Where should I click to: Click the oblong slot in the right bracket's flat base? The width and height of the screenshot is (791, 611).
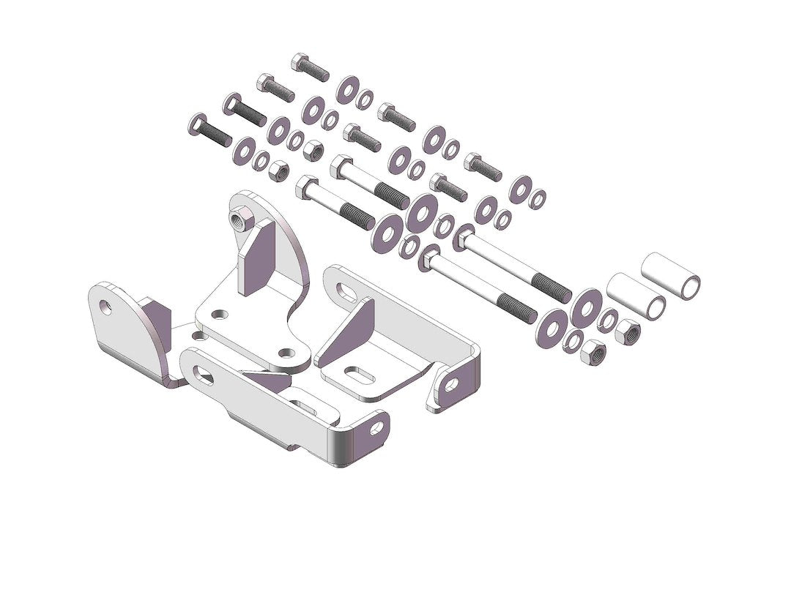(358, 373)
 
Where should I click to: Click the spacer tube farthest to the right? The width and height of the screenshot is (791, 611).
(671, 276)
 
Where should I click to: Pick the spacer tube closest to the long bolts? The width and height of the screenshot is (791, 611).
(636, 296)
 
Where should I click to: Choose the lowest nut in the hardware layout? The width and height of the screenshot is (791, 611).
(592, 355)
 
